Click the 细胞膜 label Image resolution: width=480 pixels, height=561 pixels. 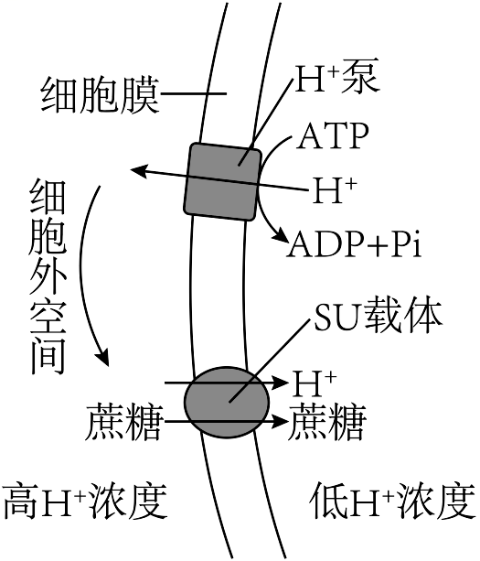click(100, 95)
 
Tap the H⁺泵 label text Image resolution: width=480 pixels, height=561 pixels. click(336, 79)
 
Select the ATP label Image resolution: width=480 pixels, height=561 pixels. click(333, 136)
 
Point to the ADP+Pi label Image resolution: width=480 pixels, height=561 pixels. click(355, 244)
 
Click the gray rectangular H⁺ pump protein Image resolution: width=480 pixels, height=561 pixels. click(223, 181)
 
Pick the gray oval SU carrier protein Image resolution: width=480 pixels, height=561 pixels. click(227, 403)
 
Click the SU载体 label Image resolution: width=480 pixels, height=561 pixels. click(379, 315)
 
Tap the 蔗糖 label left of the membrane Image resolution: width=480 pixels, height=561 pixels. click(124, 422)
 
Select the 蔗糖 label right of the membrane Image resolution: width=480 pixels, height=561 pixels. click(327, 422)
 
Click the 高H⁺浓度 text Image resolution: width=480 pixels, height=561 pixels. click(85, 501)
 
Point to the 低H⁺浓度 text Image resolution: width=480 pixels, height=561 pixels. click(393, 501)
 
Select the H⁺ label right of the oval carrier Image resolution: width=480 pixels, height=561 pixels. click(315, 383)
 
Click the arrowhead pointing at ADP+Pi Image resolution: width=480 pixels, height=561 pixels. click(282, 235)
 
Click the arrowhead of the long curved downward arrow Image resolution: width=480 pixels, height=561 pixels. click(103, 358)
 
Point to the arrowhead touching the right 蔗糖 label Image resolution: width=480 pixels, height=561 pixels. click(280, 422)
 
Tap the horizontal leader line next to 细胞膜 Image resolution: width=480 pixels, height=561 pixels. click(193, 93)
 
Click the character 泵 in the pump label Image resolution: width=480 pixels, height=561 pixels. click(360, 79)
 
